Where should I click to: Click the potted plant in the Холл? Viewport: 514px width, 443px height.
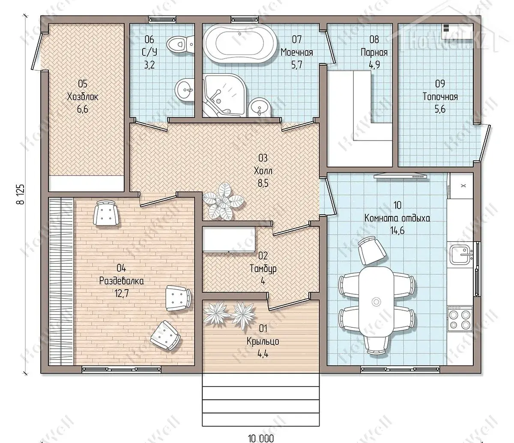tap(223, 201)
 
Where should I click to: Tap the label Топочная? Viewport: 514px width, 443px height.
tap(440, 97)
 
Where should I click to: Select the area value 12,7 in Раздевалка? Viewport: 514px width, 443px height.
tap(122, 293)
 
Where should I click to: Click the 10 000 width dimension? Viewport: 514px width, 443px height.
tap(261, 438)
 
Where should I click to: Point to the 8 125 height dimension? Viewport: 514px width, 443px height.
tap(21, 194)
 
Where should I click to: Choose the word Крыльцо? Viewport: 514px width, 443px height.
tap(263, 341)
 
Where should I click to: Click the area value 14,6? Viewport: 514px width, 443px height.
tap(397, 230)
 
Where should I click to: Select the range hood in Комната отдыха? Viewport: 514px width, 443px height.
tap(400, 176)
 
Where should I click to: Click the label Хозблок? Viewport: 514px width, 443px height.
tap(83, 97)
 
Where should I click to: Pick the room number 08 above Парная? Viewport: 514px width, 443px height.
tap(374, 39)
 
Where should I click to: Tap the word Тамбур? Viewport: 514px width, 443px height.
tap(263, 269)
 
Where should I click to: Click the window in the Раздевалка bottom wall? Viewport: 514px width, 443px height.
tap(122, 369)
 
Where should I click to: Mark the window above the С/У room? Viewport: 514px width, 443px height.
tap(162, 19)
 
